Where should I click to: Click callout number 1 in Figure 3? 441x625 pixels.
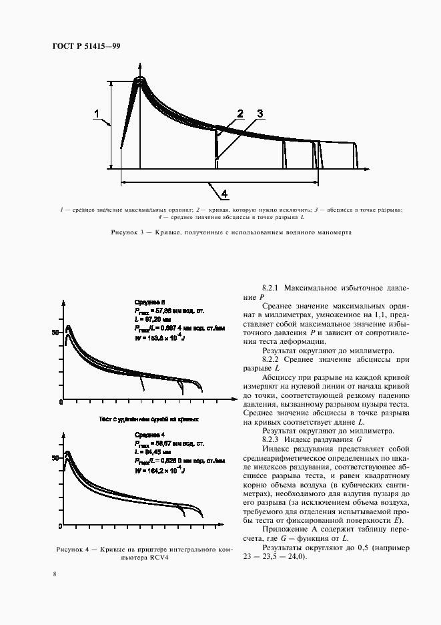(98, 114)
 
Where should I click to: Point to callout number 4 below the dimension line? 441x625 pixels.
(224, 194)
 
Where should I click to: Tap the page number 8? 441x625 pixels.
(55, 574)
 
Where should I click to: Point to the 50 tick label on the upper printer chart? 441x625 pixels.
(57, 331)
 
